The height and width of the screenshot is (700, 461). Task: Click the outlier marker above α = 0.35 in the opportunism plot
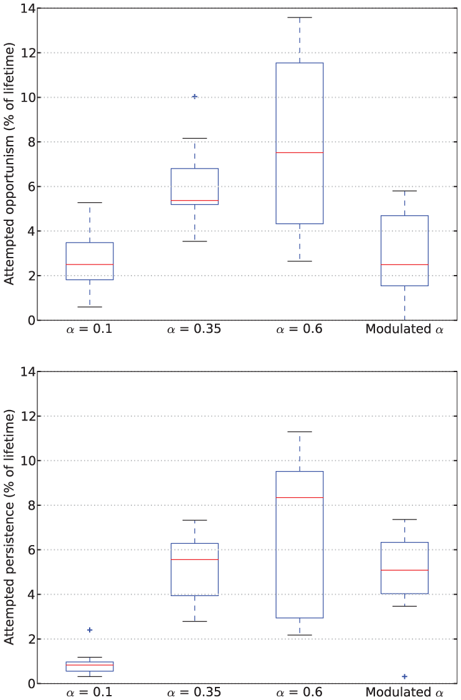tap(194, 96)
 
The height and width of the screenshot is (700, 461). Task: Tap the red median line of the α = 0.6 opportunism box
tap(300, 152)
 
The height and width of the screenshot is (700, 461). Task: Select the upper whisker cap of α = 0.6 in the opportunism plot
tap(300, 17)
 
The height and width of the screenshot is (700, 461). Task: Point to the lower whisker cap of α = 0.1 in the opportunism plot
tap(90, 307)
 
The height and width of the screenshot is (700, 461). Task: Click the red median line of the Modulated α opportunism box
tap(405, 264)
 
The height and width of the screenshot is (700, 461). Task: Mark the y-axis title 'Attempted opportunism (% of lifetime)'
tap(9, 164)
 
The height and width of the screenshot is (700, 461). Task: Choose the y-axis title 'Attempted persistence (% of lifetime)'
tap(9, 527)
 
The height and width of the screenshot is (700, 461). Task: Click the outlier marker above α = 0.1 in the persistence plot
tap(90, 630)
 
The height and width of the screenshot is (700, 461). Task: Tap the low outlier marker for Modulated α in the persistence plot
tap(405, 676)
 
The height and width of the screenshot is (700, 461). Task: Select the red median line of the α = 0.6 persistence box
tap(300, 497)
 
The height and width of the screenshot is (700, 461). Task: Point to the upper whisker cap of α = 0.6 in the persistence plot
tap(300, 432)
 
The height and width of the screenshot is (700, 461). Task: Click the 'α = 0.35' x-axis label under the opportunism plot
tap(194, 329)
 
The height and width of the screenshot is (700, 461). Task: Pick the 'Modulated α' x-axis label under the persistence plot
tap(405, 692)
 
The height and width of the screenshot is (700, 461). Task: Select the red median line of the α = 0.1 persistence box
tap(90, 665)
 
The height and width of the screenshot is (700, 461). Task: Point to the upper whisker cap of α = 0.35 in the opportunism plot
tap(194, 138)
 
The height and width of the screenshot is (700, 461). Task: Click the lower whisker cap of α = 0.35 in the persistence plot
tap(194, 622)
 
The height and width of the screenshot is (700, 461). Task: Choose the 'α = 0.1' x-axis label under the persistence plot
tap(89, 692)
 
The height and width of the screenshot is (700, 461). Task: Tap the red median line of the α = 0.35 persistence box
tap(194, 559)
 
